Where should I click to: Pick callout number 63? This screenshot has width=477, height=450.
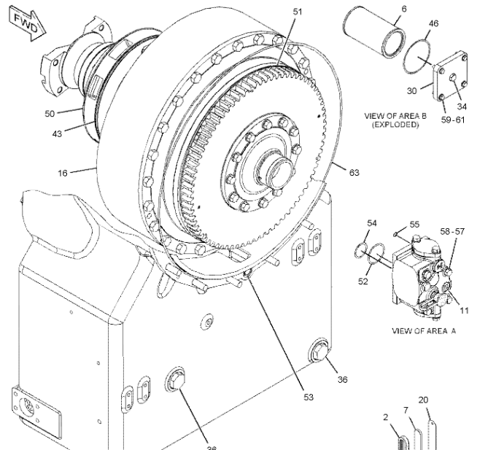click(354, 173)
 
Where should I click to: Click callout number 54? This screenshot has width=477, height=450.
click(371, 222)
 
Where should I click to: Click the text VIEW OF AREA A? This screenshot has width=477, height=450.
click(424, 330)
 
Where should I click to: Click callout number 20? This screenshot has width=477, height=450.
click(423, 400)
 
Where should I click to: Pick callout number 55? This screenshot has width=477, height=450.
click(414, 225)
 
